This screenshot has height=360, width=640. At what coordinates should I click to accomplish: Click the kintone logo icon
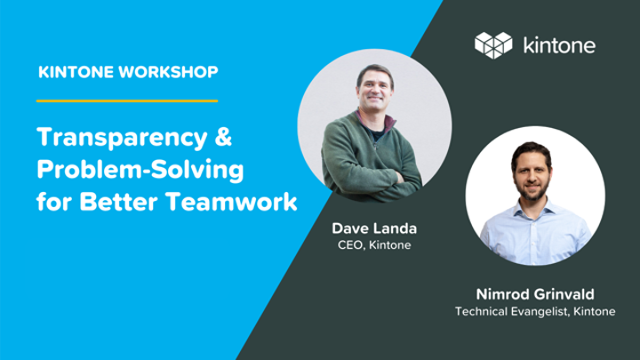click(493, 44)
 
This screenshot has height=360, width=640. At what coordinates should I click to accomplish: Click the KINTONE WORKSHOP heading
click(128, 71)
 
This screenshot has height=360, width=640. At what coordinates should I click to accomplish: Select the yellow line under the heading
click(126, 100)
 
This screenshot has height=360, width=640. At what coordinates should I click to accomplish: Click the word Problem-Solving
click(140, 170)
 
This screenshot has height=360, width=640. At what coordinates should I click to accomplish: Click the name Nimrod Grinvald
click(535, 292)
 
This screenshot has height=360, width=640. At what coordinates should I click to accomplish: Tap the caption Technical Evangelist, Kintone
click(535, 311)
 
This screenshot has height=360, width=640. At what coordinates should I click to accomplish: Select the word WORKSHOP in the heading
click(172, 71)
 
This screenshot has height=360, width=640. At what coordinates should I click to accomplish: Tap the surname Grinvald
click(565, 292)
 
